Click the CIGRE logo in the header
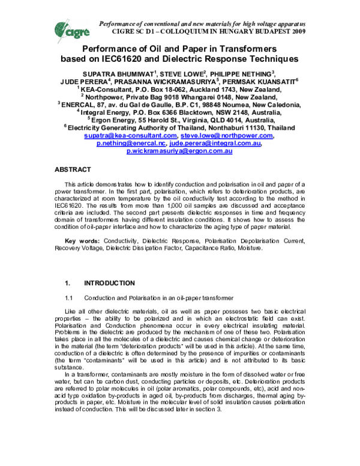[68, 25]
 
